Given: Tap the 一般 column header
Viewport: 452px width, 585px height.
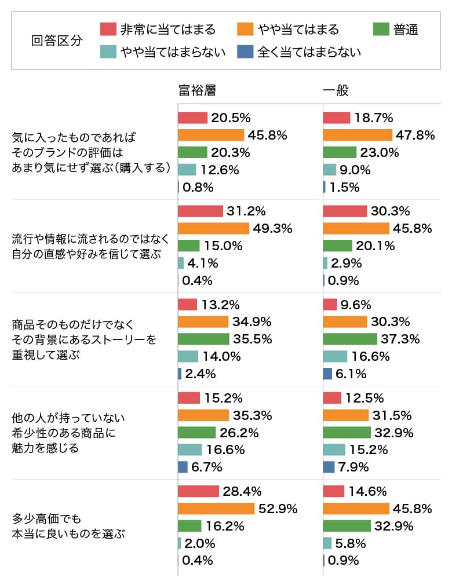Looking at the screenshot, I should click(x=336, y=90).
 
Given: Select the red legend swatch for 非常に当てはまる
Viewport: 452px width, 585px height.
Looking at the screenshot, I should click(x=108, y=30).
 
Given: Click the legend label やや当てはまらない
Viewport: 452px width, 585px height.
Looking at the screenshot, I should click(x=172, y=52).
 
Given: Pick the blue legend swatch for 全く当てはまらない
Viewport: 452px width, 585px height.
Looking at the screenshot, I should click(x=245, y=52).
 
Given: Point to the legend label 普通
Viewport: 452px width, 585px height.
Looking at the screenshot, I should click(x=406, y=30).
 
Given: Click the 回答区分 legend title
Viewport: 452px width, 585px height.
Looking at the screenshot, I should click(x=56, y=41).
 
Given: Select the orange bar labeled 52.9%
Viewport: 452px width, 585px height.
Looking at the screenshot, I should click(x=216, y=509).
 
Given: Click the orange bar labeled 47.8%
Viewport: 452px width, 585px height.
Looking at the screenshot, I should click(x=357, y=135).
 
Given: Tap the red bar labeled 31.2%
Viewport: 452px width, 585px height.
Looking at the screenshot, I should click(x=201, y=211).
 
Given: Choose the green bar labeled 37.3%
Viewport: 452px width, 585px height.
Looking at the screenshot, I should click(x=349, y=339).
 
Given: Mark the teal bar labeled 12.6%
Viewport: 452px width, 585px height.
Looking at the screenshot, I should click(x=187, y=170).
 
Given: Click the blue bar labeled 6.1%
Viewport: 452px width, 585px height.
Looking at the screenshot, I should click(x=327, y=374).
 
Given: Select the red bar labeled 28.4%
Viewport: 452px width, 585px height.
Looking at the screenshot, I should click(x=198, y=491).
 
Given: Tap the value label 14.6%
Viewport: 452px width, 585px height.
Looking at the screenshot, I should click(x=367, y=491).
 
